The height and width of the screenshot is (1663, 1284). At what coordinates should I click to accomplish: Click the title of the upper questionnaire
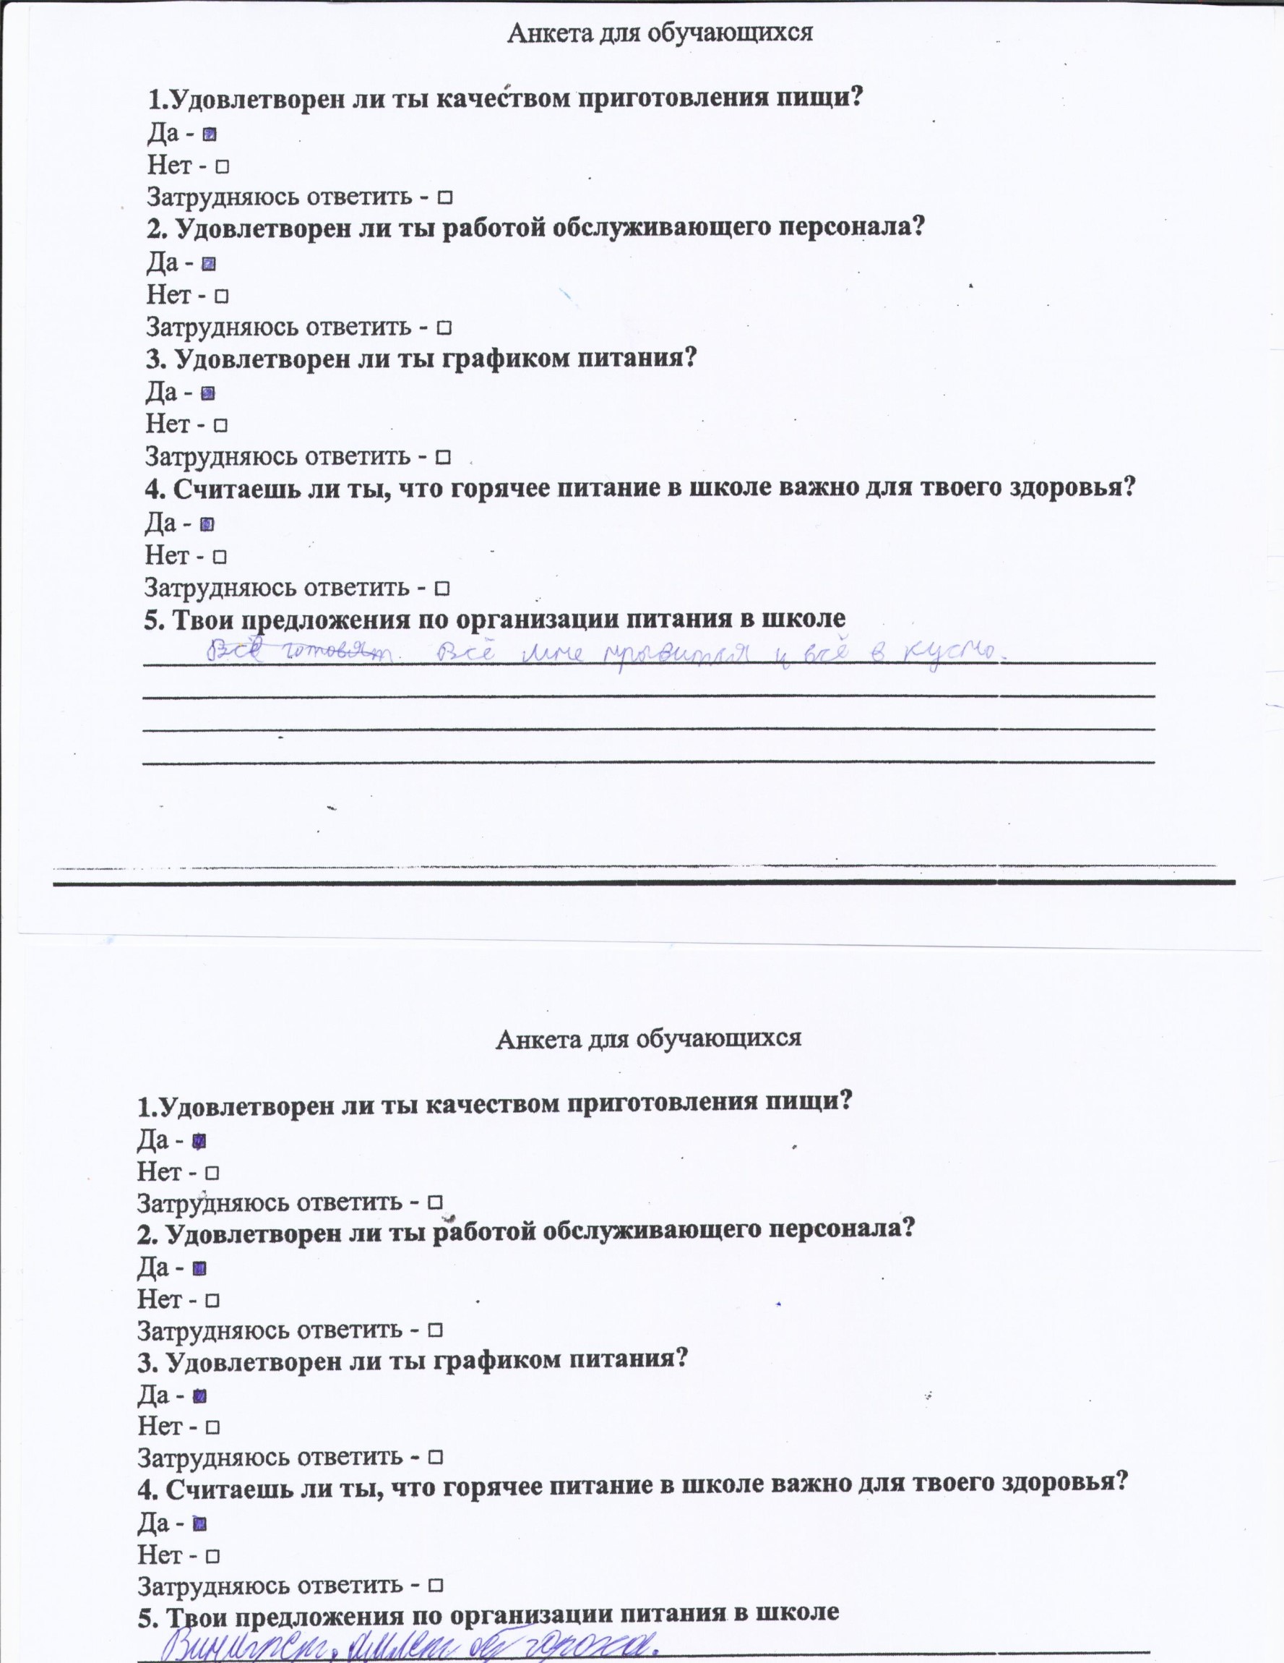[x=660, y=32]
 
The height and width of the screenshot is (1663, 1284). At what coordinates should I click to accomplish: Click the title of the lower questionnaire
[x=648, y=1037]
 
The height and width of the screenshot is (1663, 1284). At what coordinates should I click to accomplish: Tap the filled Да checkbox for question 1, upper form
[x=210, y=134]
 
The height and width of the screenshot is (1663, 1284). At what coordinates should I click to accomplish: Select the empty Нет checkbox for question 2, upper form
[x=223, y=296]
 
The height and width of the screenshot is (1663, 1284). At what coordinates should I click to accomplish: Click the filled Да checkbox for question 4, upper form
[x=207, y=524]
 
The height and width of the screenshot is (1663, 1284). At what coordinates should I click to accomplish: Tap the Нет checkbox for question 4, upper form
[x=220, y=557]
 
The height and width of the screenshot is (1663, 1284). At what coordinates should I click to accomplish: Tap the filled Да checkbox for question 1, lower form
[x=200, y=1142]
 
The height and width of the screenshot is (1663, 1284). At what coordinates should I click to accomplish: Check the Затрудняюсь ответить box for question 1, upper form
[x=445, y=198]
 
